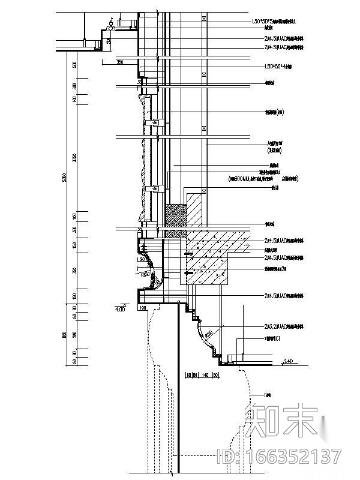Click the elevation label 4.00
click(x=119, y=310)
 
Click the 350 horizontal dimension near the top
click(x=119, y=62)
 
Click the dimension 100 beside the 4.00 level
click(x=143, y=308)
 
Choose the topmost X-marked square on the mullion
click(x=205, y=19)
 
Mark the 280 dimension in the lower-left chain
click(x=74, y=334)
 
